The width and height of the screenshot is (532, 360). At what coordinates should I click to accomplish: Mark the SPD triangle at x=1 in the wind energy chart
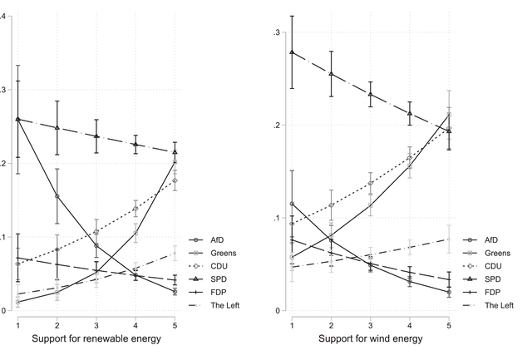292,52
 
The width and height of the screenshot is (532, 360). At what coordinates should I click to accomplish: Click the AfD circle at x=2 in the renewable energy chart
57,196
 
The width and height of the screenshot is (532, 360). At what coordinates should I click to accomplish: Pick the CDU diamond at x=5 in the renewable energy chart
175,180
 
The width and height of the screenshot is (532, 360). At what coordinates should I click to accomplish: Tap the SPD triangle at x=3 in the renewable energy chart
96,136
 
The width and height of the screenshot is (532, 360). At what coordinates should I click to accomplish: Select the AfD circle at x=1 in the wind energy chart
292,204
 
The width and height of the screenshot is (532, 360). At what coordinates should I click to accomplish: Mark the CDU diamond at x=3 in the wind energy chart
370,184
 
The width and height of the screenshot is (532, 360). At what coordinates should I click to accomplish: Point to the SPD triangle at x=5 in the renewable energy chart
175,152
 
